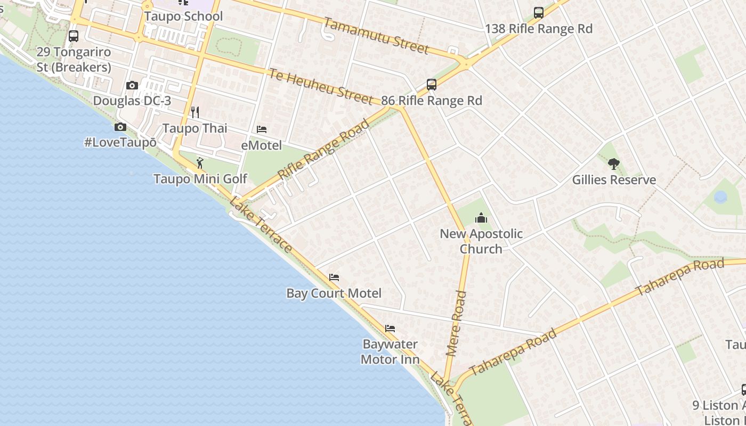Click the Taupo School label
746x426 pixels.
tap(183, 16)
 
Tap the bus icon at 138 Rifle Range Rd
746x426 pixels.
tap(539, 13)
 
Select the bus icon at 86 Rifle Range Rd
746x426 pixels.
tap(432, 85)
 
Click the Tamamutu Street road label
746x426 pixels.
tap(376, 36)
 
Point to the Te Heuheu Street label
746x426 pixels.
tap(320, 86)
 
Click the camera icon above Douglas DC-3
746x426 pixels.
tap(132, 85)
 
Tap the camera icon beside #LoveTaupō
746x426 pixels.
tap(120, 127)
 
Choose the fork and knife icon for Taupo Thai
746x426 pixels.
tap(195, 112)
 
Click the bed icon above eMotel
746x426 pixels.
tap(262, 129)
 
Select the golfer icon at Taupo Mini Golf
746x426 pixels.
tap(200, 163)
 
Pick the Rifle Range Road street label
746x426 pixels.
tap(323, 150)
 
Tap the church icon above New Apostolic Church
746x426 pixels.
tap(481, 218)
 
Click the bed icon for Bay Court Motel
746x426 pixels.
tap(334, 277)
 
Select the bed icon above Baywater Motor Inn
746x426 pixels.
tap(390, 329)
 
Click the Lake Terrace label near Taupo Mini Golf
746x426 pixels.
tap(261, 225)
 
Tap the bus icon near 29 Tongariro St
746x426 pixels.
tap(74, 36)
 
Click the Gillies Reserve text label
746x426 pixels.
tap(614, 180)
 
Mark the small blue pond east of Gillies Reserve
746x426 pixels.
tap(720, 197)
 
